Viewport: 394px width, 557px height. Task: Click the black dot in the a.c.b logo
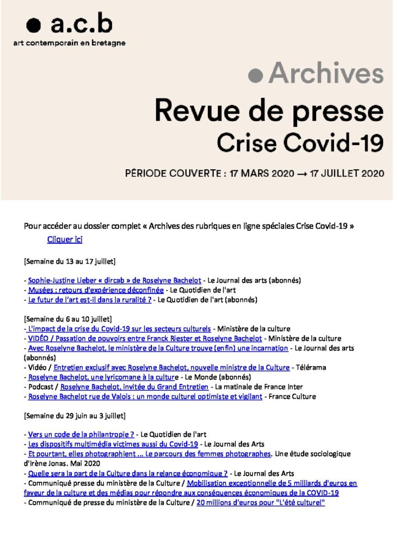34,25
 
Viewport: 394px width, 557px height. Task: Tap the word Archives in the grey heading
325,74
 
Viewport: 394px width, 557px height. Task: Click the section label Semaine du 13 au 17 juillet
69,261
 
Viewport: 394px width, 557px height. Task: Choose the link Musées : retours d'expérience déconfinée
96,290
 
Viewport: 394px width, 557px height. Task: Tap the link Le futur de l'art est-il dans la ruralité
90,300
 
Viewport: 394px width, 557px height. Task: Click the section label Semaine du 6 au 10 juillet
67,319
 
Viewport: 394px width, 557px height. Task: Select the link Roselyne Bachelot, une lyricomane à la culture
103,377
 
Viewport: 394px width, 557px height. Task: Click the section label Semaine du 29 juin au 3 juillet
75,416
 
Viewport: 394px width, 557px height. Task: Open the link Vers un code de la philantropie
81,435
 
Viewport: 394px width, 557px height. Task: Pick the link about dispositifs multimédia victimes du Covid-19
113,444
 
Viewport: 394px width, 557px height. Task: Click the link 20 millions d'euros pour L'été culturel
260,503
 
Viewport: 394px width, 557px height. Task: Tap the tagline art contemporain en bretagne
69,43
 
